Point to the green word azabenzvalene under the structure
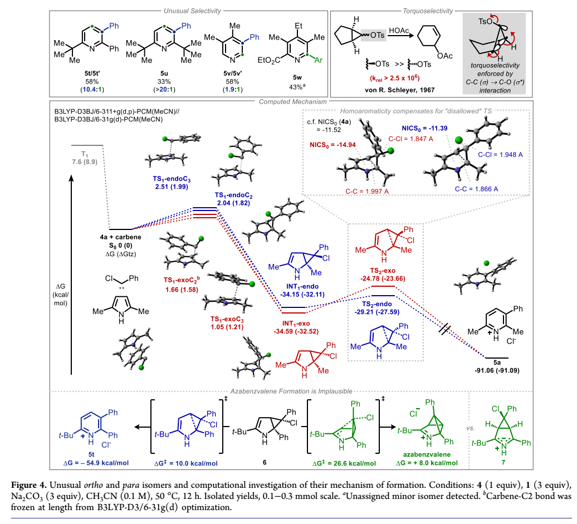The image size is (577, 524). tap(429, 455)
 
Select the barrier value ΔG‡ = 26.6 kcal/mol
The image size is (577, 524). tap(345, 463)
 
